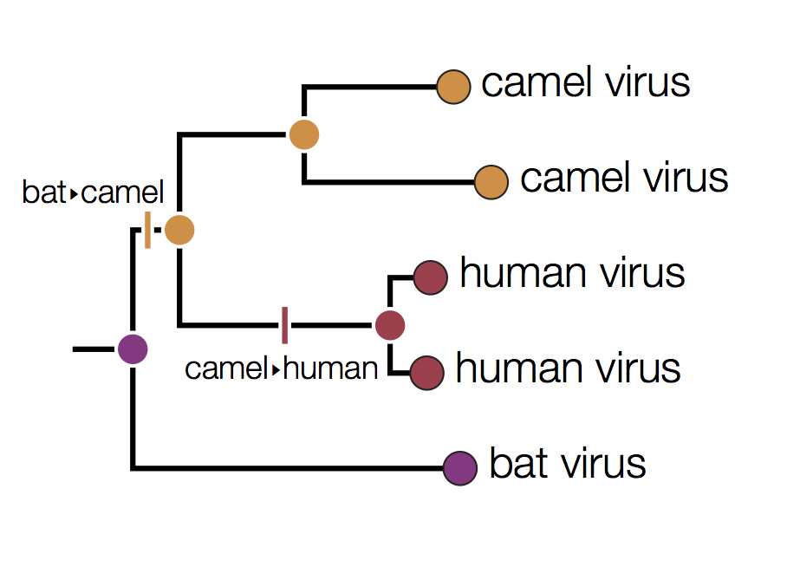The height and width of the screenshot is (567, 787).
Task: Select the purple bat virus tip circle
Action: pos(460,468)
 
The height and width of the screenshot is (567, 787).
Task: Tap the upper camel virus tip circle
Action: pos(452,87)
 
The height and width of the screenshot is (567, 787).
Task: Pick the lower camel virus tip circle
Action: pos(491,182)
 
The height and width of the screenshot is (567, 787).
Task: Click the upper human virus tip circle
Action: pos(430,278)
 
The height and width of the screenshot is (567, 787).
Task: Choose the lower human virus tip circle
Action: pos(426,373)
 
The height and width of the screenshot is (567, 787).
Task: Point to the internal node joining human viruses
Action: pos(390,325)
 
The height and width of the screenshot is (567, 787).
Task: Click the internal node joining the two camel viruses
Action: pos(304,134)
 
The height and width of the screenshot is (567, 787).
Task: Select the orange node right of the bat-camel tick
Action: pos(179,230)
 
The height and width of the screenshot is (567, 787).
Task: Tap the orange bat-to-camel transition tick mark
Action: pos(148,230)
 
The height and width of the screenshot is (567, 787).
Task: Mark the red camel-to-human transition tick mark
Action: pos(284,325)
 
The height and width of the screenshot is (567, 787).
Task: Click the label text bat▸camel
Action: pos(93,192)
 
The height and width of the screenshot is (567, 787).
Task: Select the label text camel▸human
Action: pos(282,369)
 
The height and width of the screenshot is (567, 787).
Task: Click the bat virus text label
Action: pos(568,464)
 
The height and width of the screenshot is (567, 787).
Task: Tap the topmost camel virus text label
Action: pos(586,83)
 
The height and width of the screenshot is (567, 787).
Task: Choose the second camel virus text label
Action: pos(624,178)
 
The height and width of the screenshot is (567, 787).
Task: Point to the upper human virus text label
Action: pos(572,274)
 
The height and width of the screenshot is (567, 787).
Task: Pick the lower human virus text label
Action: pos(568,368)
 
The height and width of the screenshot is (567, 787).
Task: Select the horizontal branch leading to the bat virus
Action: pos(286,468)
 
